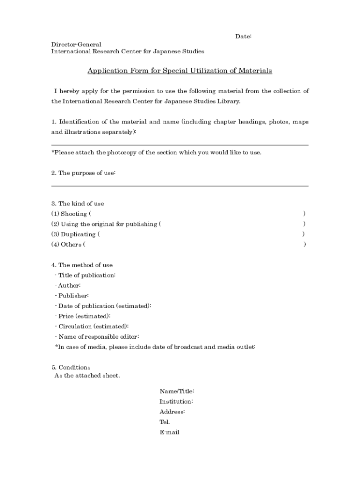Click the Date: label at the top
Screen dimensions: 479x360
point(243,36)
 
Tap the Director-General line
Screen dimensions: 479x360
point(76,44)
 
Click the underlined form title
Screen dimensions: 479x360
point(180,71)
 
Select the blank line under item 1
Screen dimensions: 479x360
point(180,145)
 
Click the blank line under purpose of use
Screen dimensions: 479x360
point(180,186)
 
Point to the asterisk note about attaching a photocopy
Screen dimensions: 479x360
point(156,152)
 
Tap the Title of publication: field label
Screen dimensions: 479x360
point(85,276)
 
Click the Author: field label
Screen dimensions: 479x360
point(68,286)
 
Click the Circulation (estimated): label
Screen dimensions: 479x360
point(92,327)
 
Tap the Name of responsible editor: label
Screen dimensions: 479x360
point(97,337)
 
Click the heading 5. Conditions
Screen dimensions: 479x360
point(71,368)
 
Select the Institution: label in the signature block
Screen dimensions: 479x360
point(176,402)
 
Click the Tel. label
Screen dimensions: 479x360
point(165,422)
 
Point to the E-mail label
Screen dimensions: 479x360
point(169,433)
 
